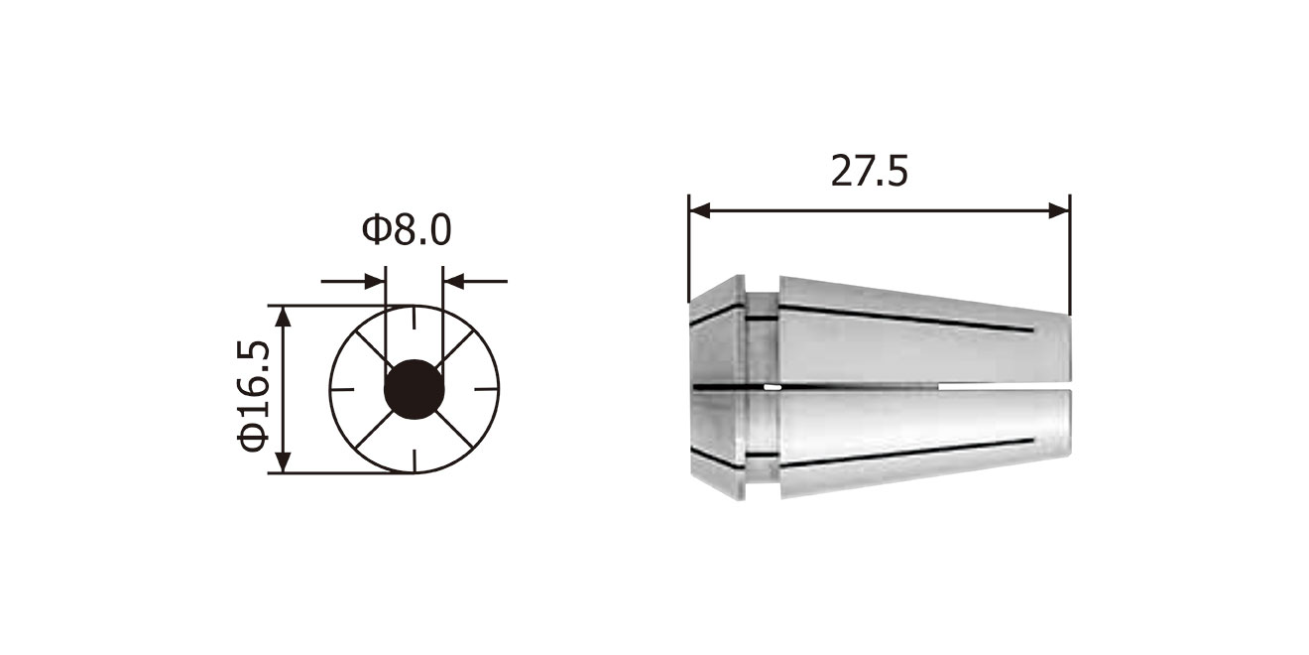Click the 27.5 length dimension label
(869, 171)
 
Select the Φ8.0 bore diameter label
(407, 229)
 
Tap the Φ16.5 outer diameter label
(254, 395)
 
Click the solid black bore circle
(415, 389)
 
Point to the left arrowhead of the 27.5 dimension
(699, 211)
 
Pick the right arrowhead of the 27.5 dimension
(1059, 211)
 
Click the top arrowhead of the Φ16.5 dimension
(283, 317)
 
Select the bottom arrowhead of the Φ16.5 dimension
(283, 462)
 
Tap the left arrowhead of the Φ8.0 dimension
(375, 281)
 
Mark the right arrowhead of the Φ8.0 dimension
(453, 281)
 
